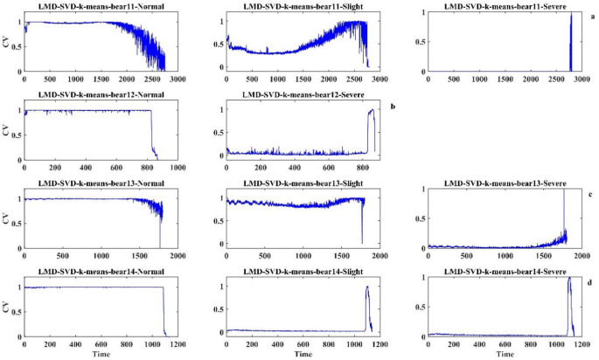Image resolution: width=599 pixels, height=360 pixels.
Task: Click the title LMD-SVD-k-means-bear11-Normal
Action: (100, 7)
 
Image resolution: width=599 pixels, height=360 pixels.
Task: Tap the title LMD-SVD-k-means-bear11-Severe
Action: (505, 6)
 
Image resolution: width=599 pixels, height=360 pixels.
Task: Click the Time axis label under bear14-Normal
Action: (100, 354)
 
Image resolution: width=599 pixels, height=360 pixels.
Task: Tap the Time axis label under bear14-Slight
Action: (303, 354)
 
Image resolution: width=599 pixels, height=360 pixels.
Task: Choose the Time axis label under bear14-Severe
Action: (505, 354)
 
